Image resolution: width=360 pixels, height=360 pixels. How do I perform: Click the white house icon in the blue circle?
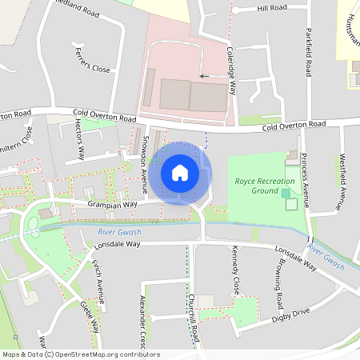click(x=180, y=173)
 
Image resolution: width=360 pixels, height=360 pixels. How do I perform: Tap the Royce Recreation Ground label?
click(x=265, y=186)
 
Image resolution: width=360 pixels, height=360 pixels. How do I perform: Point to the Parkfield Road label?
click(x=307, y=53)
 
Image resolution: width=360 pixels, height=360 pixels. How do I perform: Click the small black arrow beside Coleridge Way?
click(x=204, y=76)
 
